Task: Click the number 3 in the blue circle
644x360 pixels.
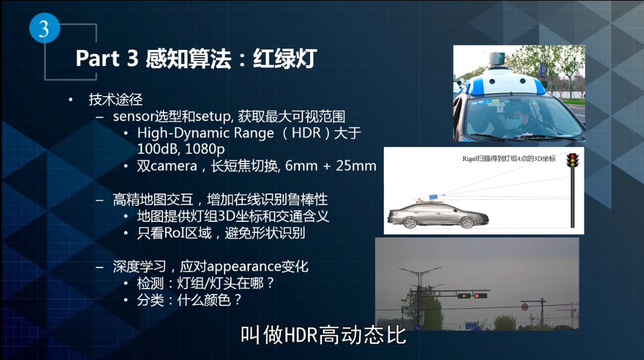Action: coord(44,29)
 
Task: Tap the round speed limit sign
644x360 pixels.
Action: coord(524,306)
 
